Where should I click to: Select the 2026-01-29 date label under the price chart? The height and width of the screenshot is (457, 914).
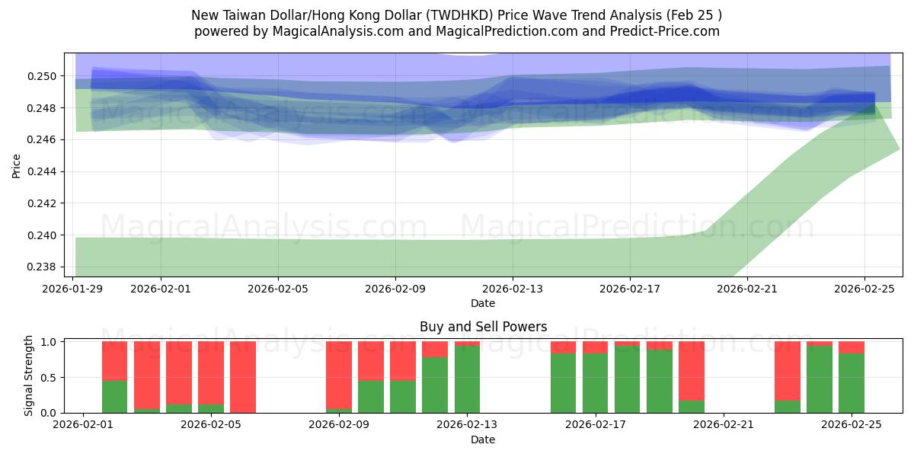(73, 289)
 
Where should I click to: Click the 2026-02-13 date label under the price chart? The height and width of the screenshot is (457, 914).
(512, 289)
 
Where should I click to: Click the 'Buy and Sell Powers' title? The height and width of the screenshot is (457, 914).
(483, 327)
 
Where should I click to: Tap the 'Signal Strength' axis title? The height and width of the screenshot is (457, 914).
(29, 376)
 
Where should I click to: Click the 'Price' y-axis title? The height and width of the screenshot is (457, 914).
(17, 165)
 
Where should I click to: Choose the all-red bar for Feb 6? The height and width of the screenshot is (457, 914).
(243, 377)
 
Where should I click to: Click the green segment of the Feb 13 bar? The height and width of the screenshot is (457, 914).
(467, 379)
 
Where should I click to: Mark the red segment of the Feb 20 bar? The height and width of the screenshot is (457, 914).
(691, 369)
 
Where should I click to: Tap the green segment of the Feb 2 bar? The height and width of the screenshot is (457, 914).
(114, 396)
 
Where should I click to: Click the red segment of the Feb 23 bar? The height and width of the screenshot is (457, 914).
(787, 370)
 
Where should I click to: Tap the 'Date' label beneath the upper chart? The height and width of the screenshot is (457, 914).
(483, 303)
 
